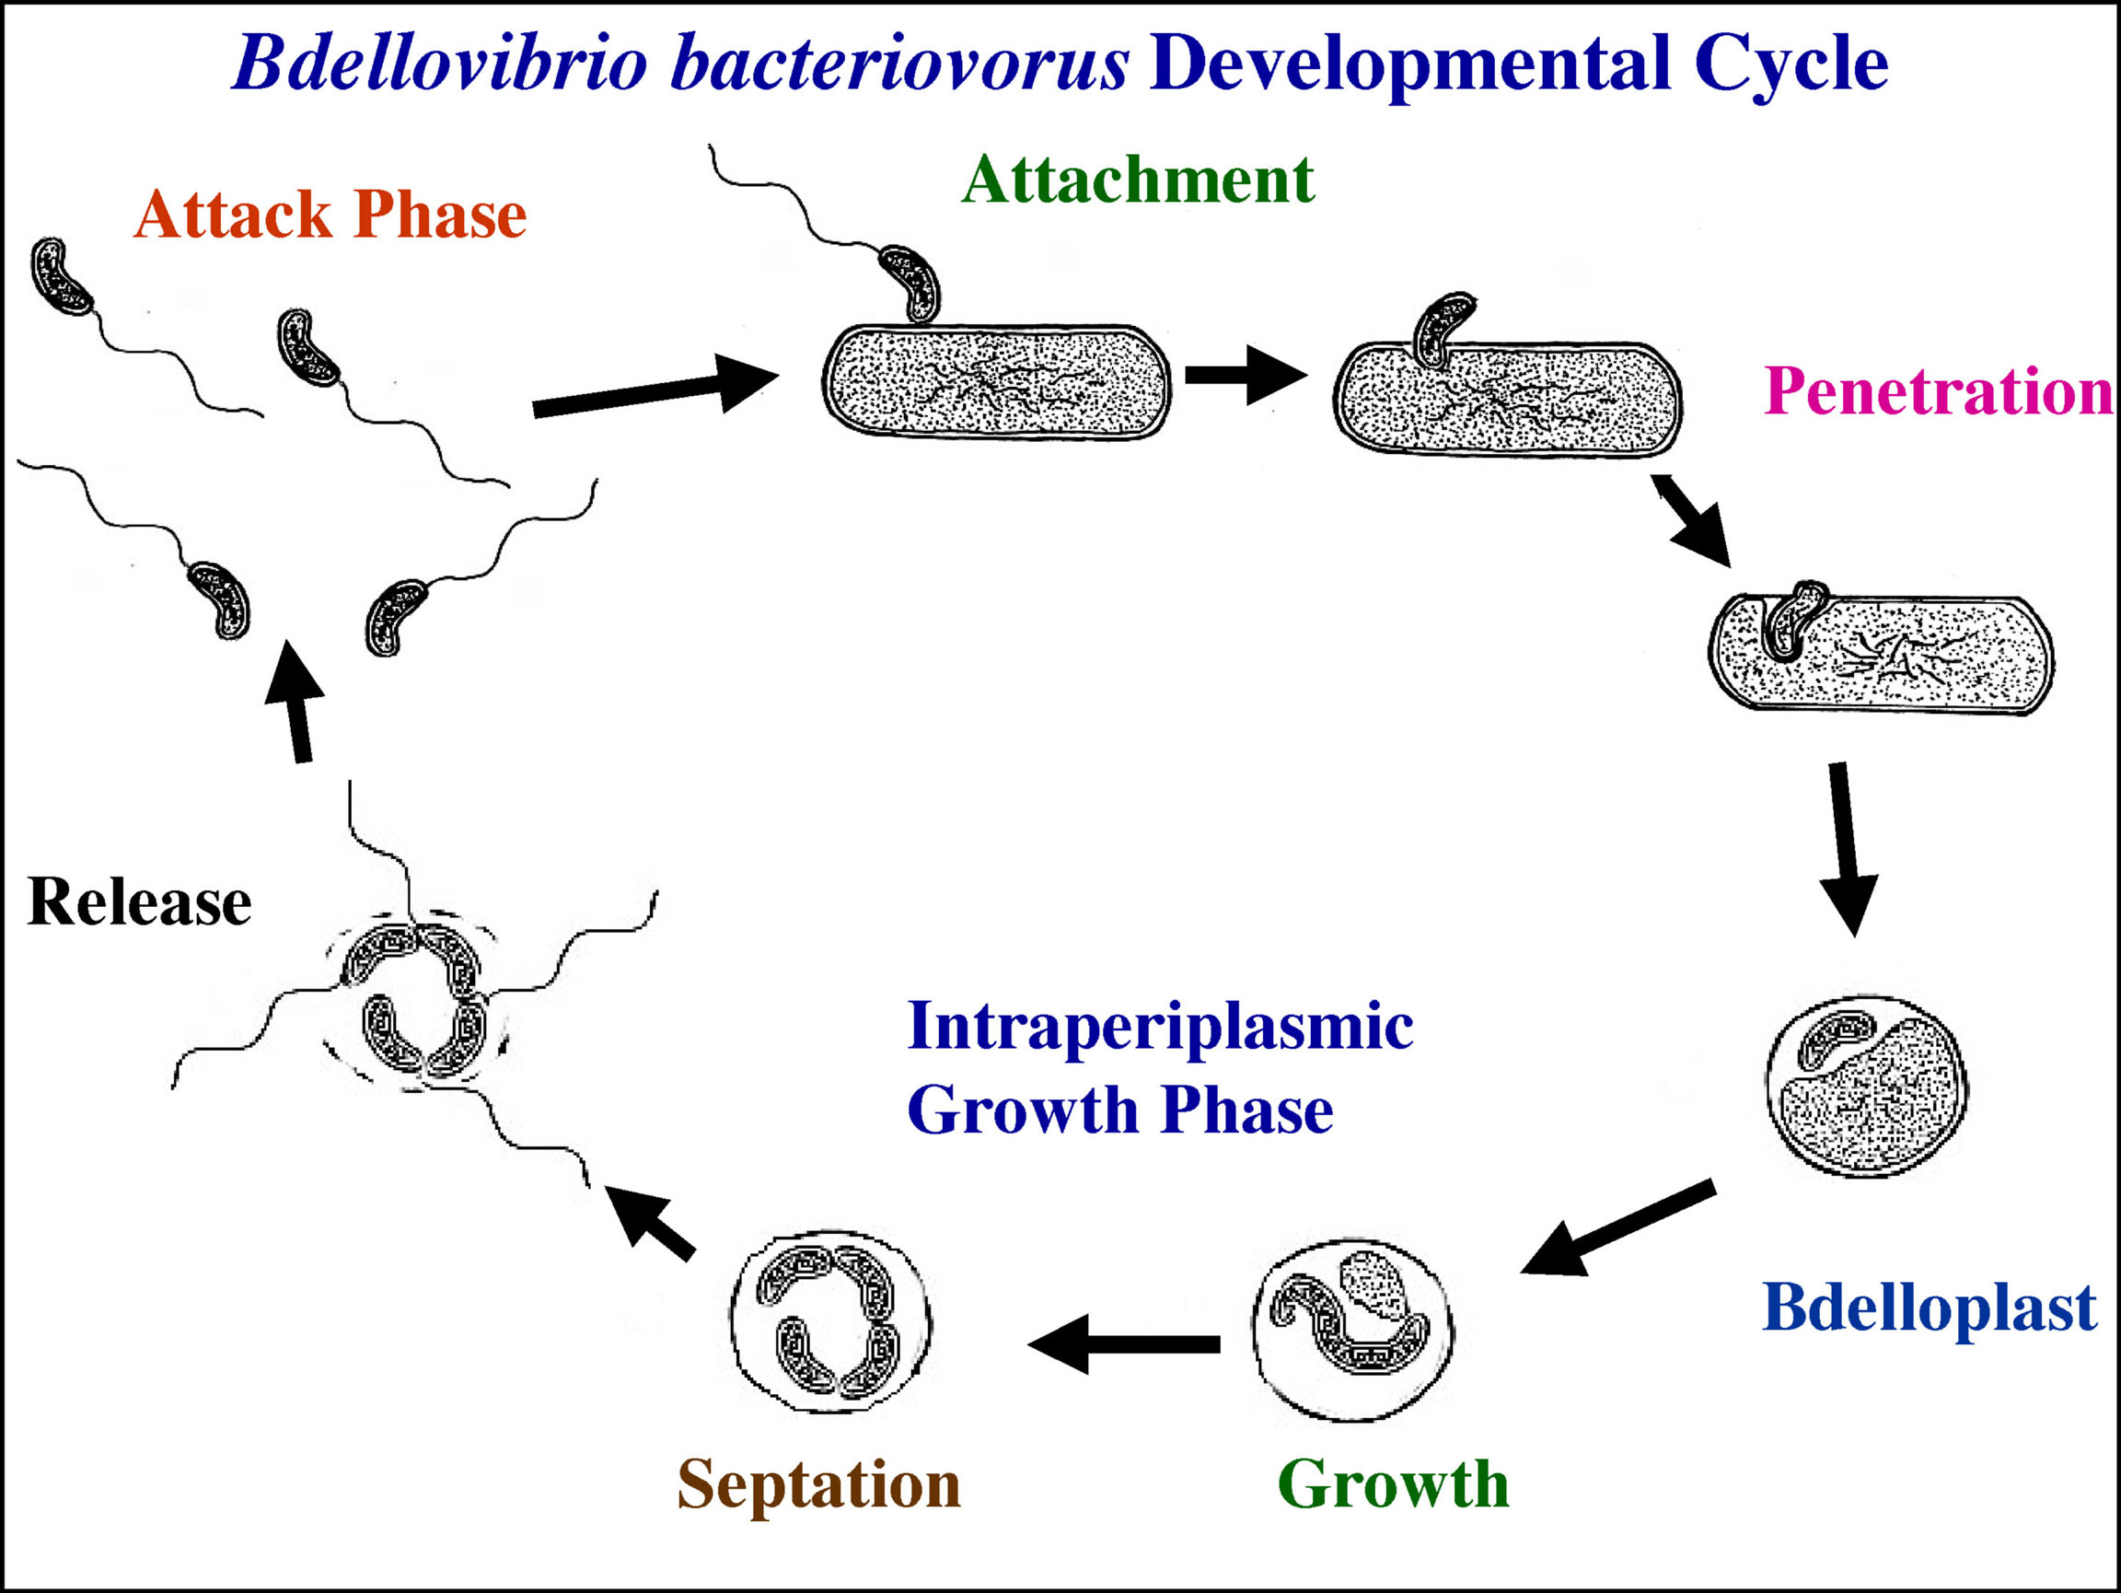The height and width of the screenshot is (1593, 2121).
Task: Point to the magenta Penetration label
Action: (1937, 391)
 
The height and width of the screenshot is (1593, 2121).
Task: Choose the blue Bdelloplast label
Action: (1930, 1308)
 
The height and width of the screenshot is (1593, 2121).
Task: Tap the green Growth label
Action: (1393, 1484)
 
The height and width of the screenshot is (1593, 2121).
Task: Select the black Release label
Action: (140, 902)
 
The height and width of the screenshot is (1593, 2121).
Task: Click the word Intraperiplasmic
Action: (1159, 1026)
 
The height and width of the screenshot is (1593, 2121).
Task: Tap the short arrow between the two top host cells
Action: (1245, 374)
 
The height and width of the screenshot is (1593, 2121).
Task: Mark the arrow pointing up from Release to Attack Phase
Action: (297, 700)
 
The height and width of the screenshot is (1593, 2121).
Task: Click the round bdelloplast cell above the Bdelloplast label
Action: (1866, 1085)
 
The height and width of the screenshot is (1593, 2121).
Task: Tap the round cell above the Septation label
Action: (830, 1321)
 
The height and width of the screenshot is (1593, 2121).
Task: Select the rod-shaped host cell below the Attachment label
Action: (996, 383)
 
